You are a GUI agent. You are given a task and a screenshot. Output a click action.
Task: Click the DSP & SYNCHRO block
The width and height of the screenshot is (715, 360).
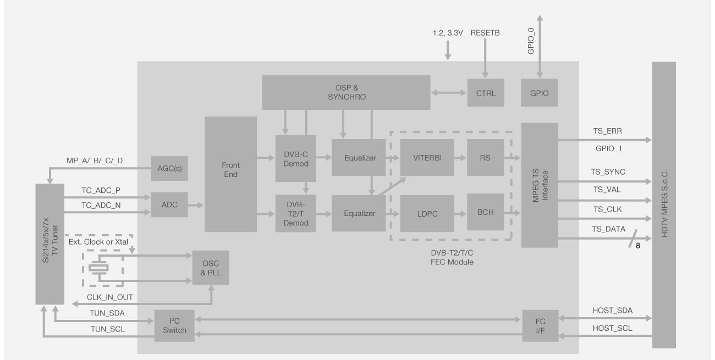click(x=345, y=92)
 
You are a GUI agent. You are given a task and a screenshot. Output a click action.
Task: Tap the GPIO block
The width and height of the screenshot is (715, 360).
click(x=539, y=92)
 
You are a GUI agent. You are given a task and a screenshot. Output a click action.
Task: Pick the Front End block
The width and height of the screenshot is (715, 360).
click(x=231, y=174)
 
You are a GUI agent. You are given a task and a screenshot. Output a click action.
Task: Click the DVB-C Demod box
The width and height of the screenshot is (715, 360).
click(x=295, y=158)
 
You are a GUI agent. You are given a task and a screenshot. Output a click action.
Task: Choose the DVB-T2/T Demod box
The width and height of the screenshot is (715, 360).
click(x=295, y=213)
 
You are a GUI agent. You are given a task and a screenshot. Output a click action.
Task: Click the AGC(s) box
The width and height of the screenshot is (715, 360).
click(x=169, y=168)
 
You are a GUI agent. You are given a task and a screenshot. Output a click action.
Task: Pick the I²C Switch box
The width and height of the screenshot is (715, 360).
click(x=175, y=325)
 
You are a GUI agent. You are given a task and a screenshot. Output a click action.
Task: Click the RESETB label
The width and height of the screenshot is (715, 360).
click(x=485, y=33)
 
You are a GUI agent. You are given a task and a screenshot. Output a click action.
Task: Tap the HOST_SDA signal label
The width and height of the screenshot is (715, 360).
click(x=613, y=310)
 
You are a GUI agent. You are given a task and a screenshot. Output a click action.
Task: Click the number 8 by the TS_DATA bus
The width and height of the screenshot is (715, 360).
click(x=638, y=246)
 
